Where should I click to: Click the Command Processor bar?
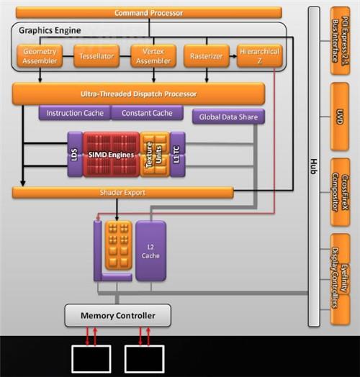tap(149, 13)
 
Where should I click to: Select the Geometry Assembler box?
tap(40, 56)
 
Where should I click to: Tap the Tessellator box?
tap(96, 56)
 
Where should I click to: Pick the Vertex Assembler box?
tap(153, 56)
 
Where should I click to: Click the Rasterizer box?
tap(207, 56)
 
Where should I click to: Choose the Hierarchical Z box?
tap(260, 56)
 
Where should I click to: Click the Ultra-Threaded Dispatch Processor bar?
tap(139, 94)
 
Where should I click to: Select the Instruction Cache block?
tap(75, 113)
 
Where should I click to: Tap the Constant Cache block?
tap(147, 113)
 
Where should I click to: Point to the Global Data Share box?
tap(228, 117)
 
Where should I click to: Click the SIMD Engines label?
tap(111, 155)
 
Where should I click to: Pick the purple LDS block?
tap(75, 155)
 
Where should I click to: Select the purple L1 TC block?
tap(178, 155)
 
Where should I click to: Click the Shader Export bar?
tap(122, 193)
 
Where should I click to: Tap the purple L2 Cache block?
tap(150, 251)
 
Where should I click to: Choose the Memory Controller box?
tap(118, 315)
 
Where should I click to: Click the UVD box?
tap(340, 117)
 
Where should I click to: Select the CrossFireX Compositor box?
tap(340, 192)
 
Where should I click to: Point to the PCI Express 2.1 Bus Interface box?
tap(341, 41)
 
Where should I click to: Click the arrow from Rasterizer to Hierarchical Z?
tap(233, 56)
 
